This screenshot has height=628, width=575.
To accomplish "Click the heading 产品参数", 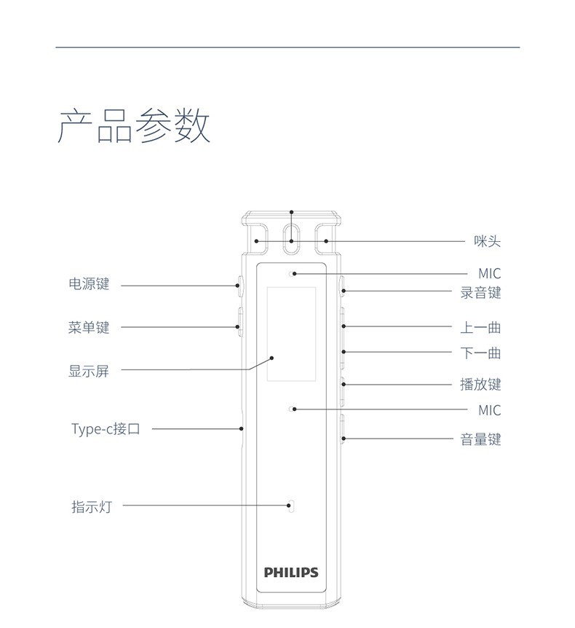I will click(133, 125).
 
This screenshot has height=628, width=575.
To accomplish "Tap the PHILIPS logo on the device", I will click(291, 572).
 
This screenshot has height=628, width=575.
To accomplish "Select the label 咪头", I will click(487, 241).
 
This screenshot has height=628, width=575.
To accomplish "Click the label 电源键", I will click(88, 284).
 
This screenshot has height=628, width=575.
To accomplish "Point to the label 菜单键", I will click(88, 327).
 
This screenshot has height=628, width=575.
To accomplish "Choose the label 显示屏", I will click(88, 370).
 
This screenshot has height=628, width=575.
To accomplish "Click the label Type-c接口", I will click(106, 428).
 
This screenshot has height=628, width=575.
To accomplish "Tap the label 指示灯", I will click(91, 506).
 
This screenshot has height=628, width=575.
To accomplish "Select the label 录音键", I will click(480, 293).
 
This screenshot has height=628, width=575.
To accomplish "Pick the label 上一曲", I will click(480, 327).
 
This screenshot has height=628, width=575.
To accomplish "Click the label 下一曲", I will click(480, 353).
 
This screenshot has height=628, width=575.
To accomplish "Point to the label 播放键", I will click(480, 384).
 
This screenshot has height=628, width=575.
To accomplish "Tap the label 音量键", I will click(480, 439).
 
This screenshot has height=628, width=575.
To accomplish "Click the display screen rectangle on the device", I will click(291, 334).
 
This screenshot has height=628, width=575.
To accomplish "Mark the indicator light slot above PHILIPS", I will click(291, 506).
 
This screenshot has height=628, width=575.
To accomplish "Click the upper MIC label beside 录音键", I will click(489, 274).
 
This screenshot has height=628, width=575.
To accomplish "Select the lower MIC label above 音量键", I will click(489, 410).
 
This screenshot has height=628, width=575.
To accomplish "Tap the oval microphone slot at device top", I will click(291, 240).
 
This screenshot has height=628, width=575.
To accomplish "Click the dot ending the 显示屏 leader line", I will click(271, 357).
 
